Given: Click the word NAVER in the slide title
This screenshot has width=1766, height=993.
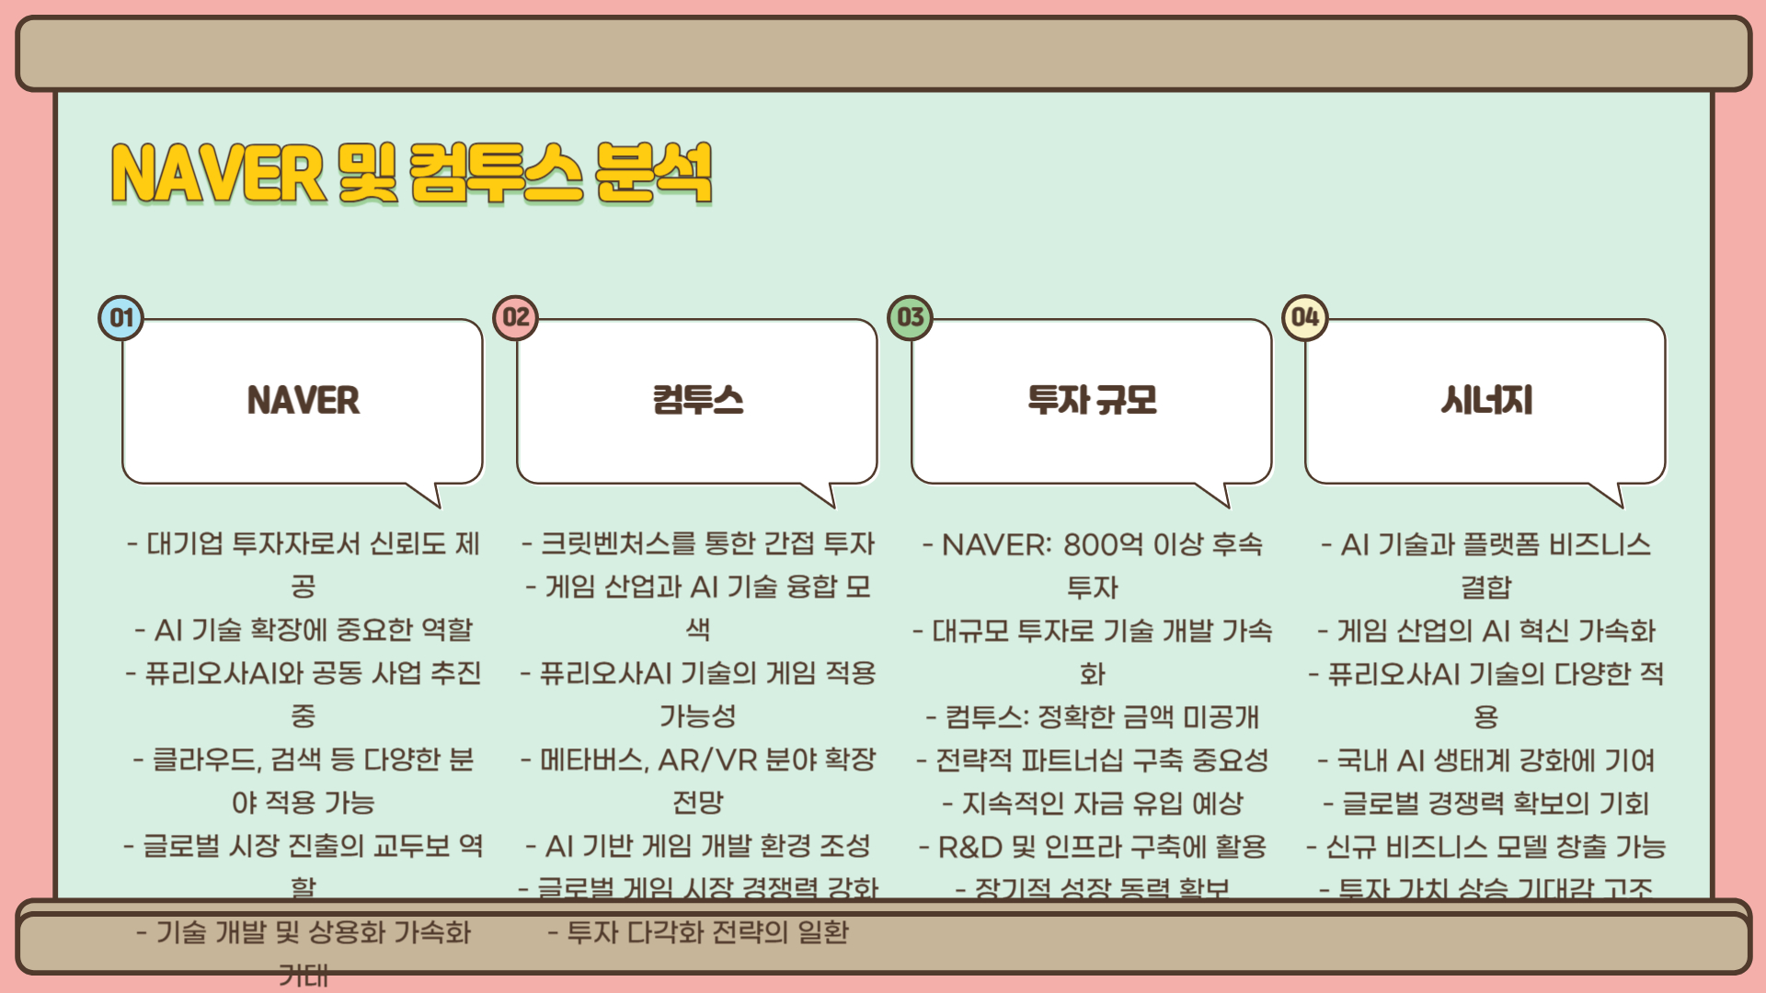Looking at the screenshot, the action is [218, 173].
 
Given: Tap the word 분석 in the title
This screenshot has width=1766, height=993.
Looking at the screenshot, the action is [654, 173].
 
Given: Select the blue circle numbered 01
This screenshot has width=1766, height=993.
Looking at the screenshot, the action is [121, 318].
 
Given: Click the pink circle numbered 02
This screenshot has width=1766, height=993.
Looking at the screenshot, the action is [516, 318].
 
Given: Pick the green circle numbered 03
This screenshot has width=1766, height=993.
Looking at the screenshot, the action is [911, 318].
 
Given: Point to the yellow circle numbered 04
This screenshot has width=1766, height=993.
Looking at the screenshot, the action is [1305, 318].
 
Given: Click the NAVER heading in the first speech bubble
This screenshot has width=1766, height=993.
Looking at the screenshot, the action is [304, 401].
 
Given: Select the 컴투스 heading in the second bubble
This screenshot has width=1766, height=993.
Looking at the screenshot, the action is [698, 401].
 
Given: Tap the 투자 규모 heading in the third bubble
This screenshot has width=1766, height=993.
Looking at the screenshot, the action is [1093, 401].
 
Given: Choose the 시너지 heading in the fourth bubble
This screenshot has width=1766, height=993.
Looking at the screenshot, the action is [1486, 401].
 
